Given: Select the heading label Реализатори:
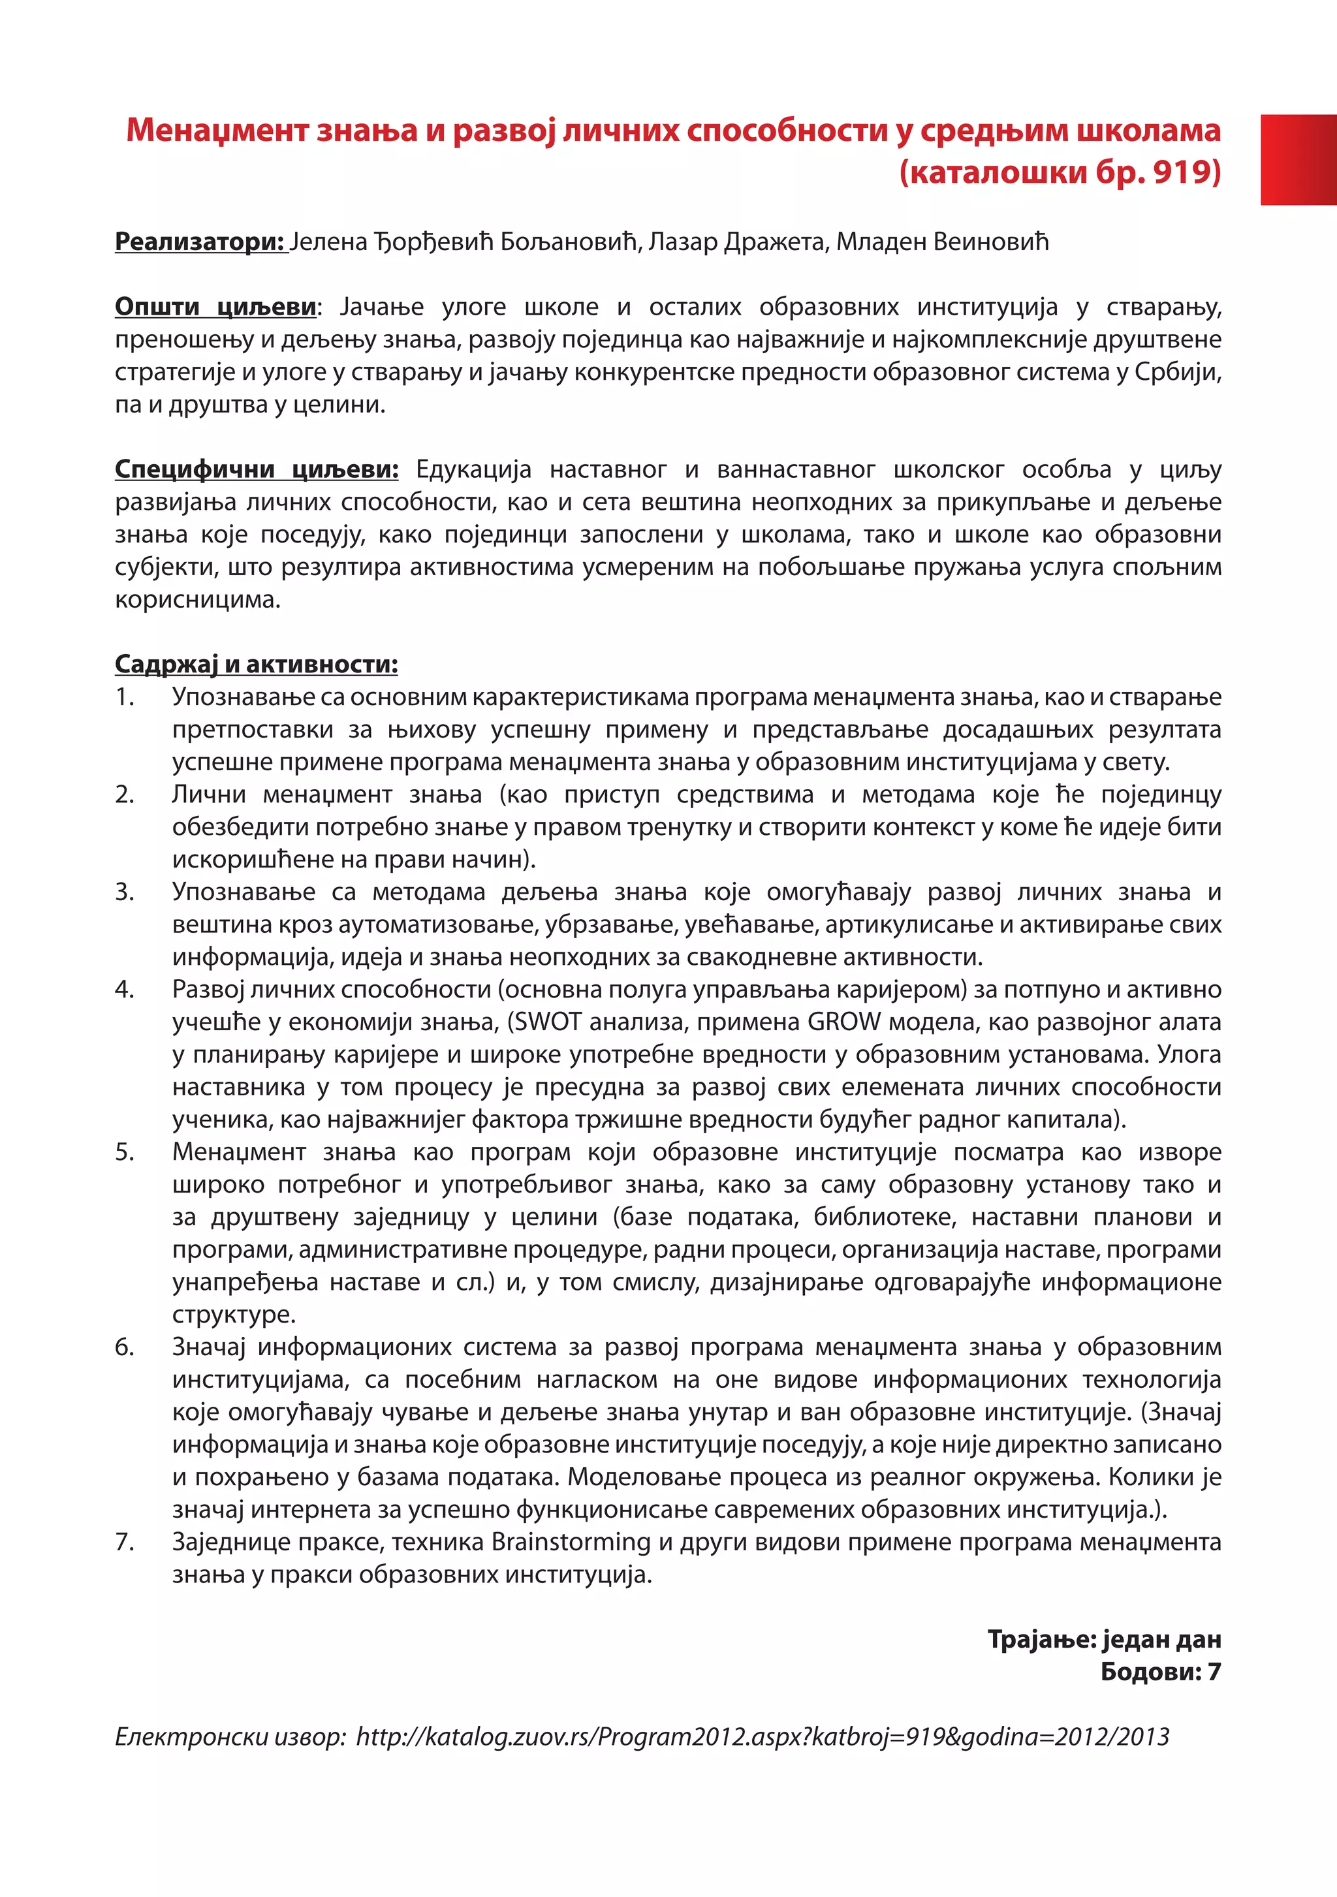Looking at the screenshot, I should (200, 242).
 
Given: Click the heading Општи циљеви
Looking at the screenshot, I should (215, 307).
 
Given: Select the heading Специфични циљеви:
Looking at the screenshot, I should (256, 469).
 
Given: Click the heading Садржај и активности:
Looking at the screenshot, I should (256, 665).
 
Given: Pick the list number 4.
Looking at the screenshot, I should (125, 989).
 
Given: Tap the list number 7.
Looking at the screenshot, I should (125, 1542).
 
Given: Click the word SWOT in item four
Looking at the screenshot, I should (548, 1022).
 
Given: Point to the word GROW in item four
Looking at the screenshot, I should (843, 1022).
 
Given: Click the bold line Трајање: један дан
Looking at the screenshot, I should (1104, 1639).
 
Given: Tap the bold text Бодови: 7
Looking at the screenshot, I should (1160, 1671).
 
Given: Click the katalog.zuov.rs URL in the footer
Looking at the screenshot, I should (762, 1736).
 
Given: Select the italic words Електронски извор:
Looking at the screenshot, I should (230, 1736).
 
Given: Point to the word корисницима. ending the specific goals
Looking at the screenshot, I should (198, 599).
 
